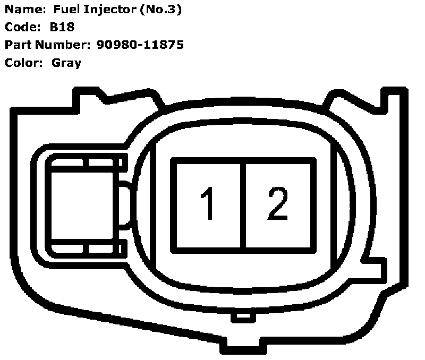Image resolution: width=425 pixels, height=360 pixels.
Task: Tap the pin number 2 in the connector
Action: coord(277,203)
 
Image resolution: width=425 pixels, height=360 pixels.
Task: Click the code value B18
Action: coord(63,27)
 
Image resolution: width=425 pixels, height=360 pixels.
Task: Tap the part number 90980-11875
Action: coord(140,45)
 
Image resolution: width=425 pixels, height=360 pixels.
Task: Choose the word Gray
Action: coord(66,63)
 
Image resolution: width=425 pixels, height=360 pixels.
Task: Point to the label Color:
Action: coord(23,63)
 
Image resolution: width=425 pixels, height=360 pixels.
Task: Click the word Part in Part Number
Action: coord(18,45)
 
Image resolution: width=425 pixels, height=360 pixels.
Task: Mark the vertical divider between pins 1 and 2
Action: coord(243,205)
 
